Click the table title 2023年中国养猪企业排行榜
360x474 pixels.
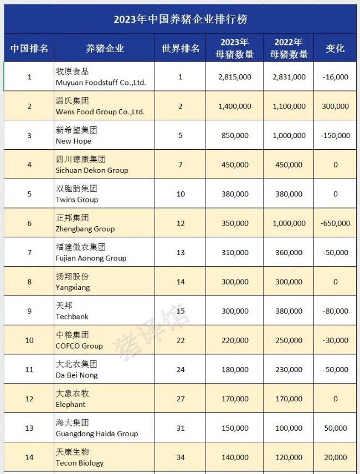click(x=180, y=18)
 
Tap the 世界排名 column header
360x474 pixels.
click(x=181, y=48)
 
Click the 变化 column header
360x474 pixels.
click(x=335, y=48)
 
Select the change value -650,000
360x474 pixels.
click(x=336, y=223)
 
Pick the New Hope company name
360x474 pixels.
click(x=73, y=141)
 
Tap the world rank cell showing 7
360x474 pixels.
click(x=181, y=165)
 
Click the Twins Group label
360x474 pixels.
click(x=77, y=200)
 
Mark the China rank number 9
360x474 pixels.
click(x=29, y=311)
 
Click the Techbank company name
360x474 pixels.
click(x=72, y=317)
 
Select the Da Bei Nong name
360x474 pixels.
click(x=76, y=375)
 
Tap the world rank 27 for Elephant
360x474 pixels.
click(x=181, y=399)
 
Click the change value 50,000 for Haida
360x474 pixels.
click(x=336, y=428)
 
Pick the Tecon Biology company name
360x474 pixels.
click(x=80, y=463)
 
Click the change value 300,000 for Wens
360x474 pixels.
click(x=336, y=106)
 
